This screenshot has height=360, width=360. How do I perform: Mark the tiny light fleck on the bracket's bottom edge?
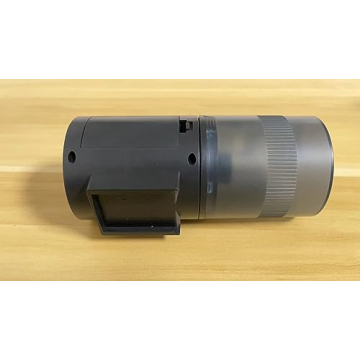[x=152, y=227]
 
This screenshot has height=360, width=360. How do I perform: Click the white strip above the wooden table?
[x=180, y=40]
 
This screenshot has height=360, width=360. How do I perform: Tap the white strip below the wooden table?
[x=180, y=320]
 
